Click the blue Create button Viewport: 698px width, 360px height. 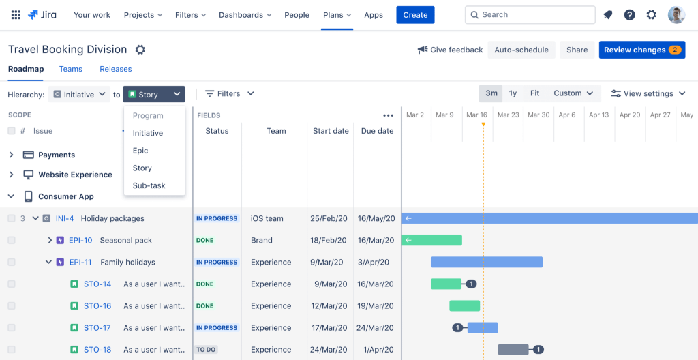pos(415,15)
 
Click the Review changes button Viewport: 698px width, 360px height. pos(641,50)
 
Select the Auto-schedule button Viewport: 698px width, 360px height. pos(521,50)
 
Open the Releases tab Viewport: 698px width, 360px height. pos(115,69)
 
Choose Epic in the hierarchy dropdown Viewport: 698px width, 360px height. pos(140,151)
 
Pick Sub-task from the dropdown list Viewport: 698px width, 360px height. pos(149,185)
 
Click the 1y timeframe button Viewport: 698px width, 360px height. pos(513,93)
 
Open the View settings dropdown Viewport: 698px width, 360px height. pos(648,93)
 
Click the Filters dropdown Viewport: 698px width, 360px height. pos(230,93)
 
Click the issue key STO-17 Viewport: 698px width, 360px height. pos(97,328)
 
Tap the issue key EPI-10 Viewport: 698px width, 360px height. pos(80,241)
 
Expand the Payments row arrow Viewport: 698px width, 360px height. pos(11,155)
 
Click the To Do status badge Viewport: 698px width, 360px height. pos(206,350)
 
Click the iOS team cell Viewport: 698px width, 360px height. pos(267,219)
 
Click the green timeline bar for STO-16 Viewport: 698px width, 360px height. pos(464,306)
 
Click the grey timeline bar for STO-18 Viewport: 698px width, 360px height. pos(513,350)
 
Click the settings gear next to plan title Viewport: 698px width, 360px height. pos(140,50)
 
